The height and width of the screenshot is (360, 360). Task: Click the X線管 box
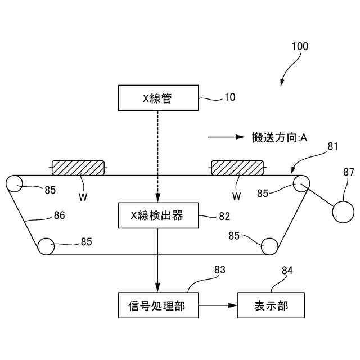pyautogui.click(x=157, y=98)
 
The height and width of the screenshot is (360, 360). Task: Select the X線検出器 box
pyautogui.click(x=157, y=215)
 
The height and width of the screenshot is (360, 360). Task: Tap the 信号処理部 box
pyautogui.click(x=157, y=305)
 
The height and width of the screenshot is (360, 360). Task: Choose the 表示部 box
pyautogui.click(x=271, y=305)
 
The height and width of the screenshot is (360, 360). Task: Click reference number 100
pyautogui.click(x=300, y=47)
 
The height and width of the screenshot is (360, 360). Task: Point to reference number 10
pyautogui.click(x=230, y=97)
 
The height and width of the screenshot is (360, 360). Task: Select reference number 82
pyautogui.click(x=224, y=215)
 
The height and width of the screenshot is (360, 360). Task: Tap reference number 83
pyautogui.click(x=219, y=270)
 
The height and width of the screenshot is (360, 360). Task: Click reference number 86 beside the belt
pyautogui.click(x=59, y=215)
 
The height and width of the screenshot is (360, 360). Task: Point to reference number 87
pyautogui.click(x=349, y=173)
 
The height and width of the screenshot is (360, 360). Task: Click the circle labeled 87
pyautogui.click(x=343, y=212)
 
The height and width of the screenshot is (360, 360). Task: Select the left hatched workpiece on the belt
pyautogui.click(x=79, y=167)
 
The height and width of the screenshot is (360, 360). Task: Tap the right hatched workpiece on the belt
pyautogui.click(x=237, y=167)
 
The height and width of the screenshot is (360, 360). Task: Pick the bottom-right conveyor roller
pyautogui.click(x=270, y=246)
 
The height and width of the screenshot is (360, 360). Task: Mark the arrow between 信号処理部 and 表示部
pyautogui.click(x=219, y=305)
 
